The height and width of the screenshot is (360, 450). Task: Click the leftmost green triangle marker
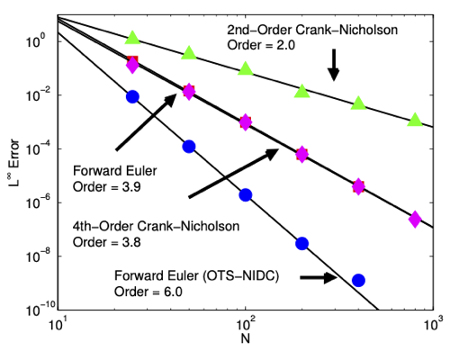(x=132, y=38)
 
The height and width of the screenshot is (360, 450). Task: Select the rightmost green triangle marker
(x=415, y=120)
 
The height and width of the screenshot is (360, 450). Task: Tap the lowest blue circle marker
(x=358, y=281)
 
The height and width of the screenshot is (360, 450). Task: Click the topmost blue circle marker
(x=132, y=96)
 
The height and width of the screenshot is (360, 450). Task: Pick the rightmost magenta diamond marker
(x=415, y=219)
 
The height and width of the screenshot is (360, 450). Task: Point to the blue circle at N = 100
(x=246, y=195)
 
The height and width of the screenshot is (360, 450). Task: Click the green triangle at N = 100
(x=246, y=68)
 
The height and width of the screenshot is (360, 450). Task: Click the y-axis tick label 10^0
(x=36, y=40)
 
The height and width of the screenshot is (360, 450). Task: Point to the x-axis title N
(x=246, y=338)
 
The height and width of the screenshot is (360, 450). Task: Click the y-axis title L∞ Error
(x=14, y=162)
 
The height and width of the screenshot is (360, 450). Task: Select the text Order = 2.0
(x=261, y=45)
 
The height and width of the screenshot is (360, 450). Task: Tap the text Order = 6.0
(x=148, y=292)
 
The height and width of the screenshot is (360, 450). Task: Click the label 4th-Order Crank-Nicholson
(x=156, y=226)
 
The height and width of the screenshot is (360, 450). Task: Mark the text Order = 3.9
(x=107, y=187)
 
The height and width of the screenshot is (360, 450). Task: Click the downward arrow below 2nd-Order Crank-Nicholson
(x=333, y=65)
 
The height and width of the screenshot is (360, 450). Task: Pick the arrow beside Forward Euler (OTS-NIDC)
(x=319, y=277)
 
